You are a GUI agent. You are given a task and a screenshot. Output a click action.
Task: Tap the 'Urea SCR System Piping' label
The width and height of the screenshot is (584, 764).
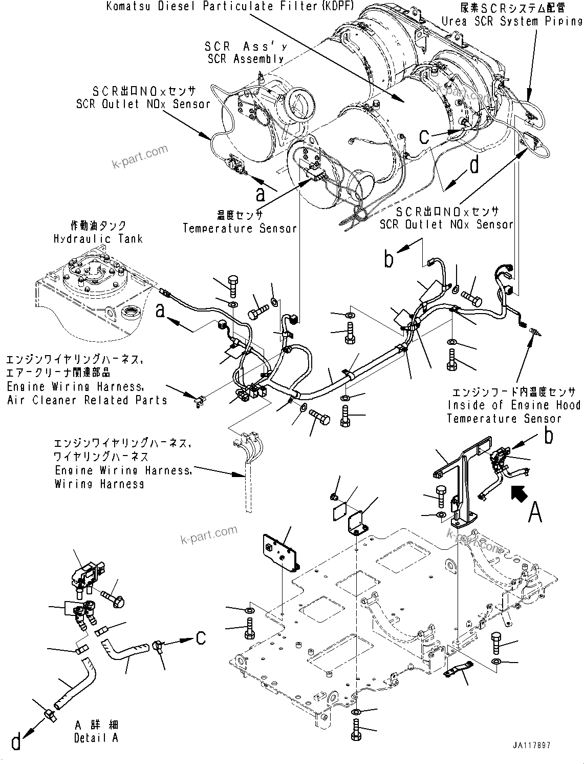click(512, 21)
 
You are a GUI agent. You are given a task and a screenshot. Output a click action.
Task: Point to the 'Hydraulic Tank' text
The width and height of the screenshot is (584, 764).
click(98, 239)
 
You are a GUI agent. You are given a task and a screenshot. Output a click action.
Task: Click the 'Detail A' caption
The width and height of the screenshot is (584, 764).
click(97, 738)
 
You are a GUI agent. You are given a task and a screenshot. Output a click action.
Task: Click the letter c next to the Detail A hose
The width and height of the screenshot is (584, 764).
click(201, 637)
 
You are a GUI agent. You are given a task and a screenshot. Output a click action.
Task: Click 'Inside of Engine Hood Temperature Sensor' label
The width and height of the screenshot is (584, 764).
click(513, 405)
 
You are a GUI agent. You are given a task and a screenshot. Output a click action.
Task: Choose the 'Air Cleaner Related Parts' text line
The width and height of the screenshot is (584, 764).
click(87, 400)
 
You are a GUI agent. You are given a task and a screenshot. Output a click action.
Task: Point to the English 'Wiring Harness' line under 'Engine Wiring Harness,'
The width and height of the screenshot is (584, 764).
click(99, 484)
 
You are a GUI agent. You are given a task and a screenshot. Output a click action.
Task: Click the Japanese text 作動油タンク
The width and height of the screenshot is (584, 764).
click(98, 225)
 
